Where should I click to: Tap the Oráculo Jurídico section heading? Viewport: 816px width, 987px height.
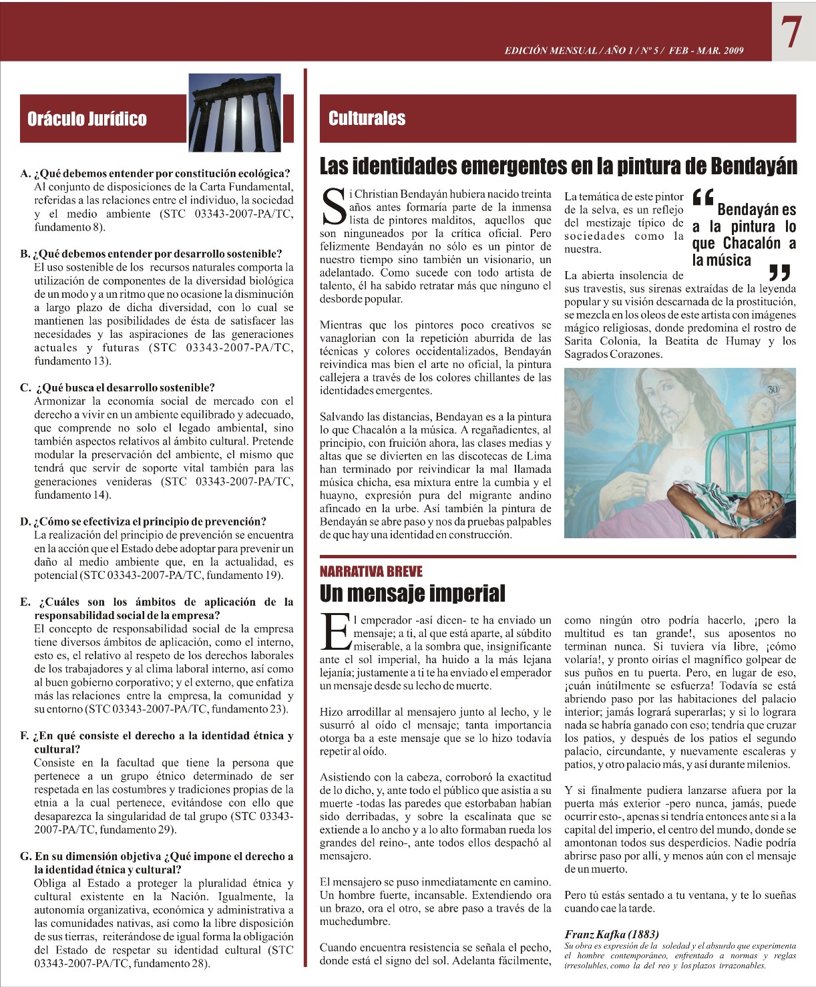87,119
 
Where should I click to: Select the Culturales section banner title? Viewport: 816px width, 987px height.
367,118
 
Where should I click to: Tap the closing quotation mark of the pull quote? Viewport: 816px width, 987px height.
779,272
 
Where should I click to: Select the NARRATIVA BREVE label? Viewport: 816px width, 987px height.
371,572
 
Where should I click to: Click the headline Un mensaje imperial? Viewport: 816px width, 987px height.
412,593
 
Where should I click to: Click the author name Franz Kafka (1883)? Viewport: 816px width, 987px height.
611,934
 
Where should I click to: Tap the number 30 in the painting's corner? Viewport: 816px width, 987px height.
773,389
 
